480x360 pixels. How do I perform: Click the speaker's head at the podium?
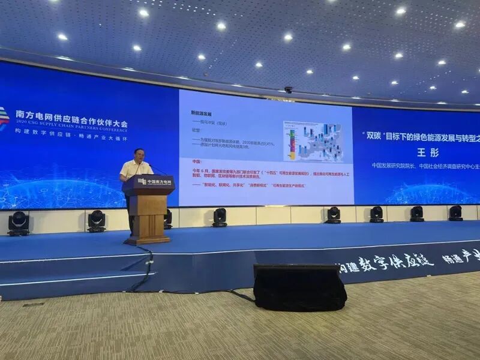139,155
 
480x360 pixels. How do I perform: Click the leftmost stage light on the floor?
19,223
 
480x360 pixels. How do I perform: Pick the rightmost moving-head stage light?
455,212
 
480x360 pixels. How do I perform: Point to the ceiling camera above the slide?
289,89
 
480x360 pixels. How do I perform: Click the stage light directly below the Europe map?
333,215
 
